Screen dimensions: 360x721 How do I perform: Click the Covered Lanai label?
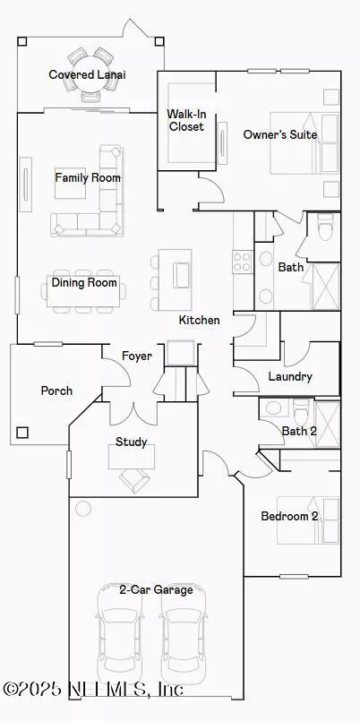click(x=87, y=74)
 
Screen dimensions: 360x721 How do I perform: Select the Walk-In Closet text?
click(x=185, y=120)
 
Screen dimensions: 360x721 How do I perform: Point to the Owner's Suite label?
click(x=280, y=134)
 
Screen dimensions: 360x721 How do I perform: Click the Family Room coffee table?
click(x=71, y=183)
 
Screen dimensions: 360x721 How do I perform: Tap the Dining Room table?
click(x=83, y=291)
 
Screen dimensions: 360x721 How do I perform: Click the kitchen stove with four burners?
click(x=243, y=262)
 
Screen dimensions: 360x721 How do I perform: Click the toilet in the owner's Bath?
click(x=324, y=228)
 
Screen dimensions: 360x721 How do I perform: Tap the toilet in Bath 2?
click(x=302, y=411)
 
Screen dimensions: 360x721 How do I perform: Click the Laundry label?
click(x=290, y=376)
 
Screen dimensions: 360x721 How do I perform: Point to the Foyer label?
click(x=136, y=356)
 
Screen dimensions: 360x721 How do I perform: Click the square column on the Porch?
click(x=22, y=433)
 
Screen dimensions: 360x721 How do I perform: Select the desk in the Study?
click(x=132, y=457)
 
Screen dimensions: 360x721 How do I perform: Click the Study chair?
click(x=134, y=480)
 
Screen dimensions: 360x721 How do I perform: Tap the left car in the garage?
click(x=121, y=634)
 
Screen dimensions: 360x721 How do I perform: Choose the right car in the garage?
click(x=184, y=634)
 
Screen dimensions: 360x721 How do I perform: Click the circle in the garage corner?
click(x=83, y=508)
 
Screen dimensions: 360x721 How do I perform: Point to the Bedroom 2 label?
click(x=289, y=516)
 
